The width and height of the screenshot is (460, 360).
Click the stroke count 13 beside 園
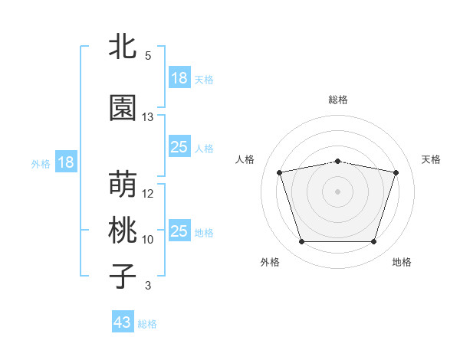click(148, 117)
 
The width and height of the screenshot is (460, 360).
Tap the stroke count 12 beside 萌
click(148, 194)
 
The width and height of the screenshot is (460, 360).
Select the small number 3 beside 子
click(148, 286)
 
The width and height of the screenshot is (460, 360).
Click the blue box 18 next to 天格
click(179, 78)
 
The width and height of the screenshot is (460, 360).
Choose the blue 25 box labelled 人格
click(179, 147)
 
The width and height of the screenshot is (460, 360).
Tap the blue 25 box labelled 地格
click(179, 231)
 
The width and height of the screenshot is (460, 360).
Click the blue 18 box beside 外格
click(65, 162)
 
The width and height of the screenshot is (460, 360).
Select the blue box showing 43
click(122, 323)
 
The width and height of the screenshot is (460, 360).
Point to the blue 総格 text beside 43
click(147, 324)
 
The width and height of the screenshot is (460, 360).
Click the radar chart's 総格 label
click(337, 100)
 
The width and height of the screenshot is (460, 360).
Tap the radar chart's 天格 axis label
click(431, 159)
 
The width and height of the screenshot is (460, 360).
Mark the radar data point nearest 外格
click(301, 242)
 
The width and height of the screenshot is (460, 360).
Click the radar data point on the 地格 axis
click(373, 242)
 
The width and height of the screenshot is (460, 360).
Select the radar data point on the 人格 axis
click(279, 172)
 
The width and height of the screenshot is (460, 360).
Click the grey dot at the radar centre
click(337, 191)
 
